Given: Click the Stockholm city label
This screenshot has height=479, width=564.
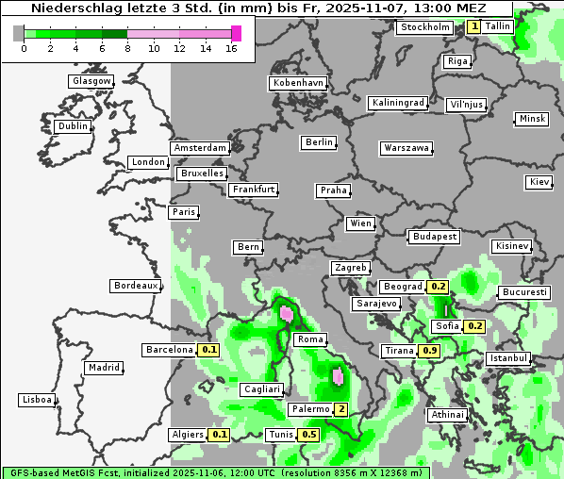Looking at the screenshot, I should [x=424, y=27].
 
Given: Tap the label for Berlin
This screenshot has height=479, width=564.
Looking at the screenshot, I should [x=319, y=142].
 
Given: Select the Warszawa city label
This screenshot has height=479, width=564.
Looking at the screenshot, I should [x=406, y=148].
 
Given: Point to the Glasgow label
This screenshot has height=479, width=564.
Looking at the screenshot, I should [x=91, y=81].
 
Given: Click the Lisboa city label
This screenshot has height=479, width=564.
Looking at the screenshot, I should [x=37, y=400].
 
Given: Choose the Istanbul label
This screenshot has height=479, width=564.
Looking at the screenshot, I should [x=509, y=358].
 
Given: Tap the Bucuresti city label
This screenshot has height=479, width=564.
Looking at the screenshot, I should [x=524, y=292].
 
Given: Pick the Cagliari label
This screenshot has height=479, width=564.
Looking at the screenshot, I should [x=261, y=389].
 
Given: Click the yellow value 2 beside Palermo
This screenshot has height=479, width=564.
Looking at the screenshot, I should [x=340, y=409].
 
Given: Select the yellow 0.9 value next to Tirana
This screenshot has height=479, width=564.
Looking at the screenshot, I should [x=430, y=351].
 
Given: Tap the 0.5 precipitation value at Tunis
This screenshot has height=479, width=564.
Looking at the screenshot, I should [x=307, y=435].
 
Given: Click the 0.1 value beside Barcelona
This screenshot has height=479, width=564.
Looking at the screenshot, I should [x=209, y=350].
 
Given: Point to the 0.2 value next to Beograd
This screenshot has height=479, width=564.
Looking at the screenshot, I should [x=438, y=286].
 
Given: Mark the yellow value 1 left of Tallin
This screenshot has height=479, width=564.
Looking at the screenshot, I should [x=473, y=26].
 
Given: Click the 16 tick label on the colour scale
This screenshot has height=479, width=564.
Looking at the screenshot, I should [x=231, y=48].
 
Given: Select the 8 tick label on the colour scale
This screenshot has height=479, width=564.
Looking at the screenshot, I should [x=127, y=48].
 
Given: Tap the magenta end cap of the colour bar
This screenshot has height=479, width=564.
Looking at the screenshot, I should [x=236, y=33].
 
